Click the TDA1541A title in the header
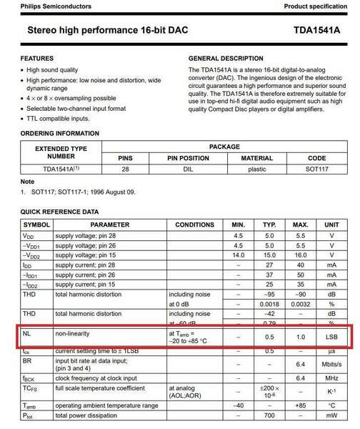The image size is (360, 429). (x=318, y=32)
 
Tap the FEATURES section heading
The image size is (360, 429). (x=36, y=57)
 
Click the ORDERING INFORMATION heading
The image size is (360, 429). (x=60, y=134)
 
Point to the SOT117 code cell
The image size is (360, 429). (x=316, y=169)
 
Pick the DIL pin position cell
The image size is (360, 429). (x=188, y=169)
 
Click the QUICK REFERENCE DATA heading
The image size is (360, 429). (x=59, y=212)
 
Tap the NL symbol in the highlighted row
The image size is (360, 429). (x=27, y=332)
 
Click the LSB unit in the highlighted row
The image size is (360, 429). (x=331, y=337)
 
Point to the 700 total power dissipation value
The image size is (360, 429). (x=270, y=415)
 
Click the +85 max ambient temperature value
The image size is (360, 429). (x=301, y=405)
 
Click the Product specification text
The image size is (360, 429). (x=319, y=6)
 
